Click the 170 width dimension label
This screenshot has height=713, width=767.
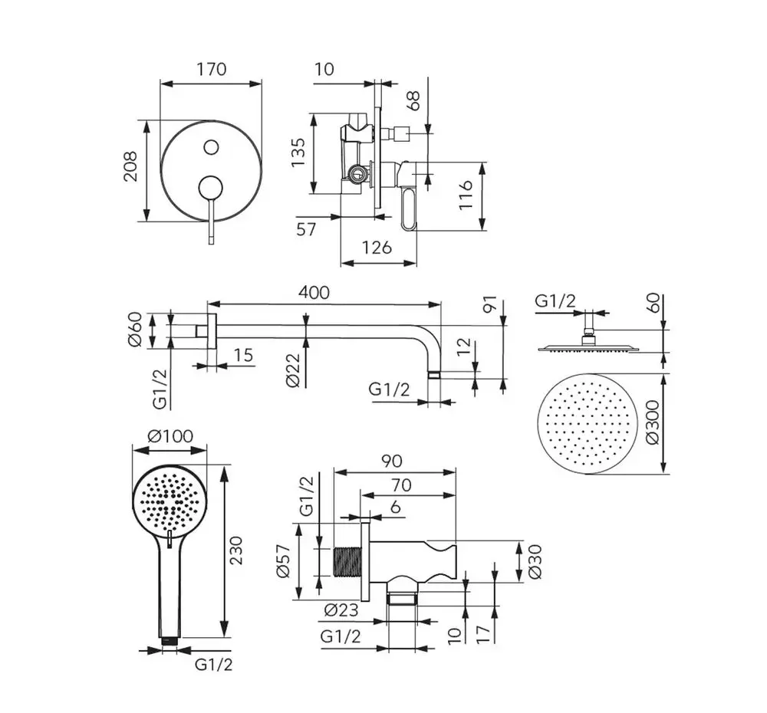point(211,69)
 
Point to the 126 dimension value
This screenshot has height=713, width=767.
point(377,248)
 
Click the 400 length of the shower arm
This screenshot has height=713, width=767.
point(314,292)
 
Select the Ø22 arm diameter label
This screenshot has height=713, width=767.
point(293,371)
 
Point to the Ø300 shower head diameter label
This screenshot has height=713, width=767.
point(653,423)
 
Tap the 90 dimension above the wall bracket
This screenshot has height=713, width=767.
point(392,461)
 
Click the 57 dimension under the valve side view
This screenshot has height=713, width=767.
point(306,229)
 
